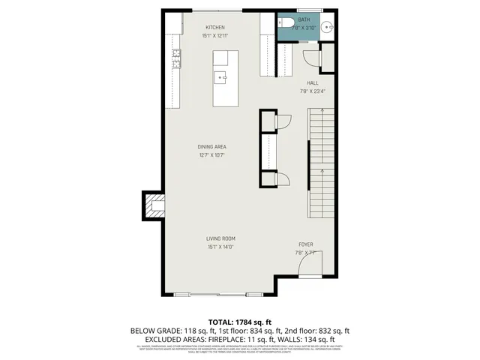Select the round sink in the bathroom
pos(328,27)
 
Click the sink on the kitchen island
pos(223,75)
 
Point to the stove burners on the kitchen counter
pos(177,57)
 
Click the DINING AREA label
pos(212,147)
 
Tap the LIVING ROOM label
pos(221,238)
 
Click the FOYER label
pos(305,244)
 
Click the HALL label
pos(313,82)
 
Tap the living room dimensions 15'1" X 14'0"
pos(221,247)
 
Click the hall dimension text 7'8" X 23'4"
pos(313,91)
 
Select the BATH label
pos(304,19)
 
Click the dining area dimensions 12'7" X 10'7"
pos(212,155)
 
